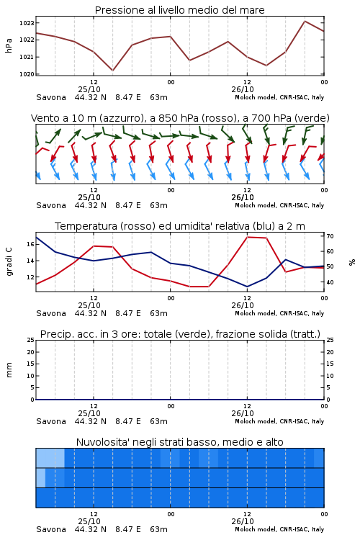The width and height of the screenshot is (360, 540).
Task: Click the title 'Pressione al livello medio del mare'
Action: [179, 10]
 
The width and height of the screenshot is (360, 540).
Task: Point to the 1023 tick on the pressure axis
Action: [27, 23]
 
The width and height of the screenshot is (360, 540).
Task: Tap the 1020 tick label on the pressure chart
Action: [27, 74]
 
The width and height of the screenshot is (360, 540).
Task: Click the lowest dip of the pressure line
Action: [112, 71]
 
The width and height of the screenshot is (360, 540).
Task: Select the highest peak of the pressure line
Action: [305, 21]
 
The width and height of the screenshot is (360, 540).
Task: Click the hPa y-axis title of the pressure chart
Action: [9, 46]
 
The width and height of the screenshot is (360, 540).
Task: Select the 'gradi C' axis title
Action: [9, 262]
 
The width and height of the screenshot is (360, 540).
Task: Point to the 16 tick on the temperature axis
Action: [30, 244]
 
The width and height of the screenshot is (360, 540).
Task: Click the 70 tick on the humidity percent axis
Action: [330, 236]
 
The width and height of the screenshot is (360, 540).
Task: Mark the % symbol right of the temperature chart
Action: [352, 262]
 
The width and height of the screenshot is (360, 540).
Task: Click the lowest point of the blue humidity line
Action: [247, 287]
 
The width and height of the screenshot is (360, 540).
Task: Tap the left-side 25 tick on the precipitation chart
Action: [30, 340]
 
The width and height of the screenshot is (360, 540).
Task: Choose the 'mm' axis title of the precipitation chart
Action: [9, 370]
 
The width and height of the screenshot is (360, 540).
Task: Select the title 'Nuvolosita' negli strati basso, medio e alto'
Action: [179, 442]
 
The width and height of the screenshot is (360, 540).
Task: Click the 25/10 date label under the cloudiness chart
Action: [89, 521]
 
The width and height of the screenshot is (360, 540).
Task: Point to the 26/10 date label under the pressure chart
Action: [243, 89]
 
